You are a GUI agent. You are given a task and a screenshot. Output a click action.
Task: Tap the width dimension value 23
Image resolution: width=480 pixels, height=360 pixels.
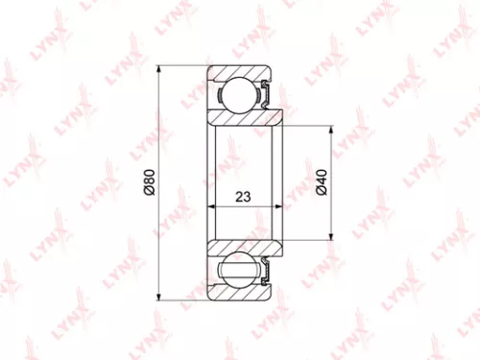click(243, 197)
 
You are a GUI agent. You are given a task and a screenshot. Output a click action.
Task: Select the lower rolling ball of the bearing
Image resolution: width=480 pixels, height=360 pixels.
click(233, 270)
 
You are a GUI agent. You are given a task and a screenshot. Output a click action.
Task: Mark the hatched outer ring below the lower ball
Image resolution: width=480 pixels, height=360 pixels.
click(240, 293)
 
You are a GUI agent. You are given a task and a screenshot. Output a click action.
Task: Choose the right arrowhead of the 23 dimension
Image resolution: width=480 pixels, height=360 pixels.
click(279, 206)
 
